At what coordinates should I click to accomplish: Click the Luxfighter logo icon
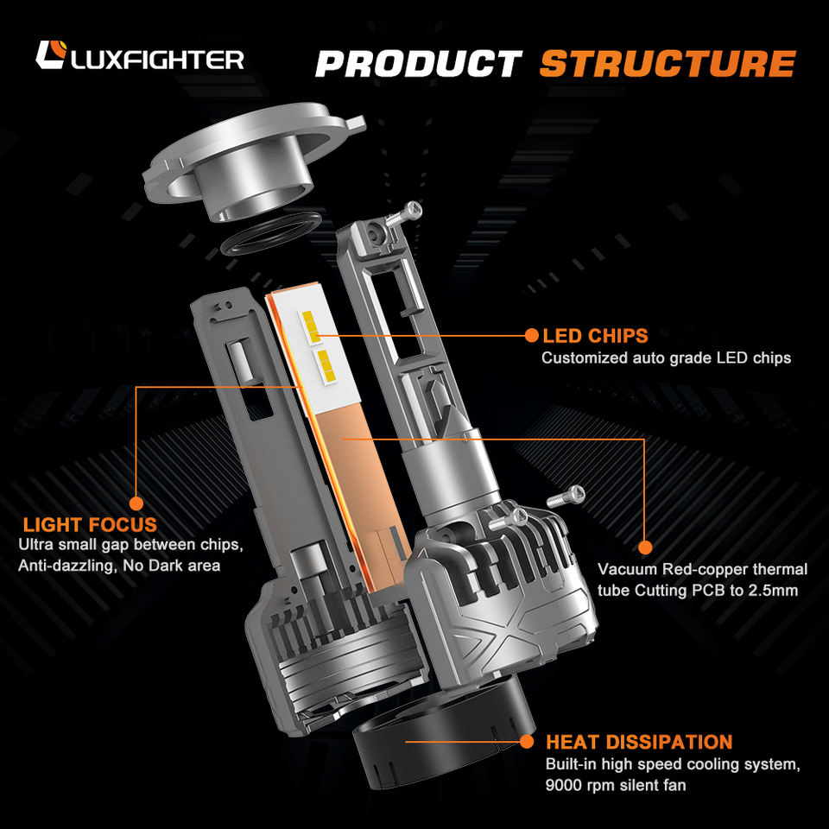click(51, 54)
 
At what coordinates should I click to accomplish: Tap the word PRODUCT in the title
click(419, 63)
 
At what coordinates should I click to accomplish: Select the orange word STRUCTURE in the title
click(668, 63)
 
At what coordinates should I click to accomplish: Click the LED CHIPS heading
click(595, 336)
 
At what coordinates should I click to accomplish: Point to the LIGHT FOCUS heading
click(90, 524)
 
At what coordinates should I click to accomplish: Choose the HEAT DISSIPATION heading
click(639, 742)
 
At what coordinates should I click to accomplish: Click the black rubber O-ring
click(270, 234)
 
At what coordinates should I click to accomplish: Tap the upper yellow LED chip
click(311, 326)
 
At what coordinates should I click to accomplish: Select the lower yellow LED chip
click(325, 365)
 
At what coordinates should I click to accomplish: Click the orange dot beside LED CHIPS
click(532, 335)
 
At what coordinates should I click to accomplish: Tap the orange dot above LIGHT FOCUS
click(136, 503)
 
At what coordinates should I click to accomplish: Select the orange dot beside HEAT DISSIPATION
click(527, 742)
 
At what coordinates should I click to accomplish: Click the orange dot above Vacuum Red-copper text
click(645, 547)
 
